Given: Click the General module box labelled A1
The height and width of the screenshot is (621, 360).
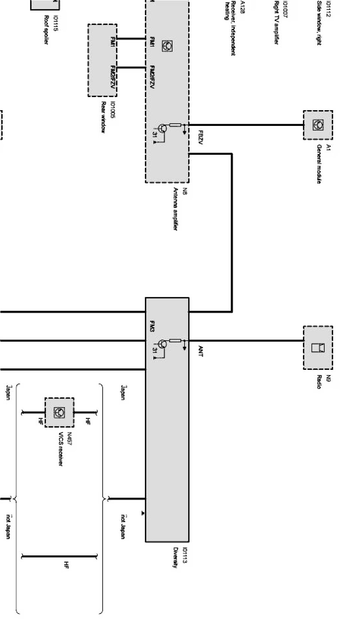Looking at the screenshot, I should coord(318,125).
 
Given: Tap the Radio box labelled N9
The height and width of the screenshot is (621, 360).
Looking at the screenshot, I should coord(318,347).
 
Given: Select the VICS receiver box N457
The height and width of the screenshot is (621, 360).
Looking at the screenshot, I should coord(59,412).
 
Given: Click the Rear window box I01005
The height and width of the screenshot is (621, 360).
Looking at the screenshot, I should coord(102,60).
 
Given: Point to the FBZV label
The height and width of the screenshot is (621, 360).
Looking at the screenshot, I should coord(200,138).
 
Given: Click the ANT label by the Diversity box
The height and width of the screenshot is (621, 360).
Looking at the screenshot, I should coord(200,351).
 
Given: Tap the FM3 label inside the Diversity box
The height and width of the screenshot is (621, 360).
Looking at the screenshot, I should coord(152,326).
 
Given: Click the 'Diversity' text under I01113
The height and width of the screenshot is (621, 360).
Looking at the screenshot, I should coord(175,557).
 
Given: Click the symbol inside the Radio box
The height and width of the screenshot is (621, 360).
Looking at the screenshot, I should coord(318,347).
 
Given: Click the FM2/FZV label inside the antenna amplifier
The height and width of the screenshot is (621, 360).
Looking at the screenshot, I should coord(152,77).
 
